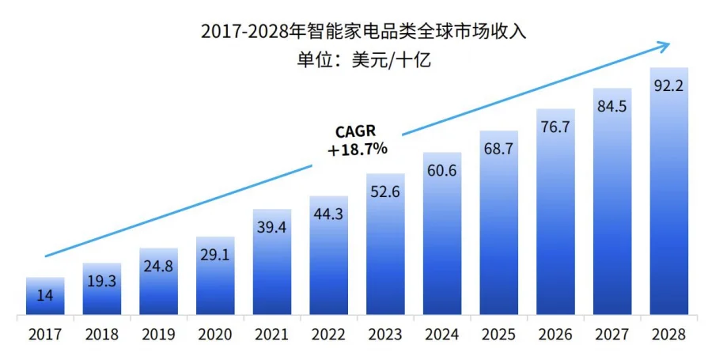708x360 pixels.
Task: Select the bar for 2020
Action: point(215,277)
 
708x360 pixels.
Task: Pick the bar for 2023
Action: point(385,245)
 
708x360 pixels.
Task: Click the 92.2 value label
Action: point(668,86)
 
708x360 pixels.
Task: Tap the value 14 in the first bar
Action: point(45,295)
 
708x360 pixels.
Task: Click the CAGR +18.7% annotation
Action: point(357,140)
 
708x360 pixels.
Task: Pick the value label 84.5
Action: point(611,106)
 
